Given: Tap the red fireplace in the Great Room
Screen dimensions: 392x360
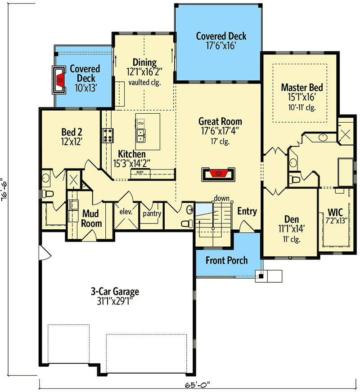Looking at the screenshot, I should pos(219,173).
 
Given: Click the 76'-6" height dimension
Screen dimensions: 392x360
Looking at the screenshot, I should pos(6,196).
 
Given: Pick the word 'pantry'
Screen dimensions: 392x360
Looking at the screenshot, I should pos(152,214).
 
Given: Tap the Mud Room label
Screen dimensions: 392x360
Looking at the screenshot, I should pos(91,218).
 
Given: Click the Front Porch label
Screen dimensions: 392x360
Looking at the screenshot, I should pos(227,260).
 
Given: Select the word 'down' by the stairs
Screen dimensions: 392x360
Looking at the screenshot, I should pos(222,198).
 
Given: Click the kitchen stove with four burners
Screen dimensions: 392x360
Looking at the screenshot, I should pos(108,135).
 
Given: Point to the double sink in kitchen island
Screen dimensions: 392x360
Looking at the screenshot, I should pos(141,134).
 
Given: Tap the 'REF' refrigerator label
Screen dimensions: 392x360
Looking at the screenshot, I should pos(140,172).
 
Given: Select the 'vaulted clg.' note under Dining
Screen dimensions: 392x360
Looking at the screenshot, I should pos(144,82).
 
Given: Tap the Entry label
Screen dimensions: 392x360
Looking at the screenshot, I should pos(247,211).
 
